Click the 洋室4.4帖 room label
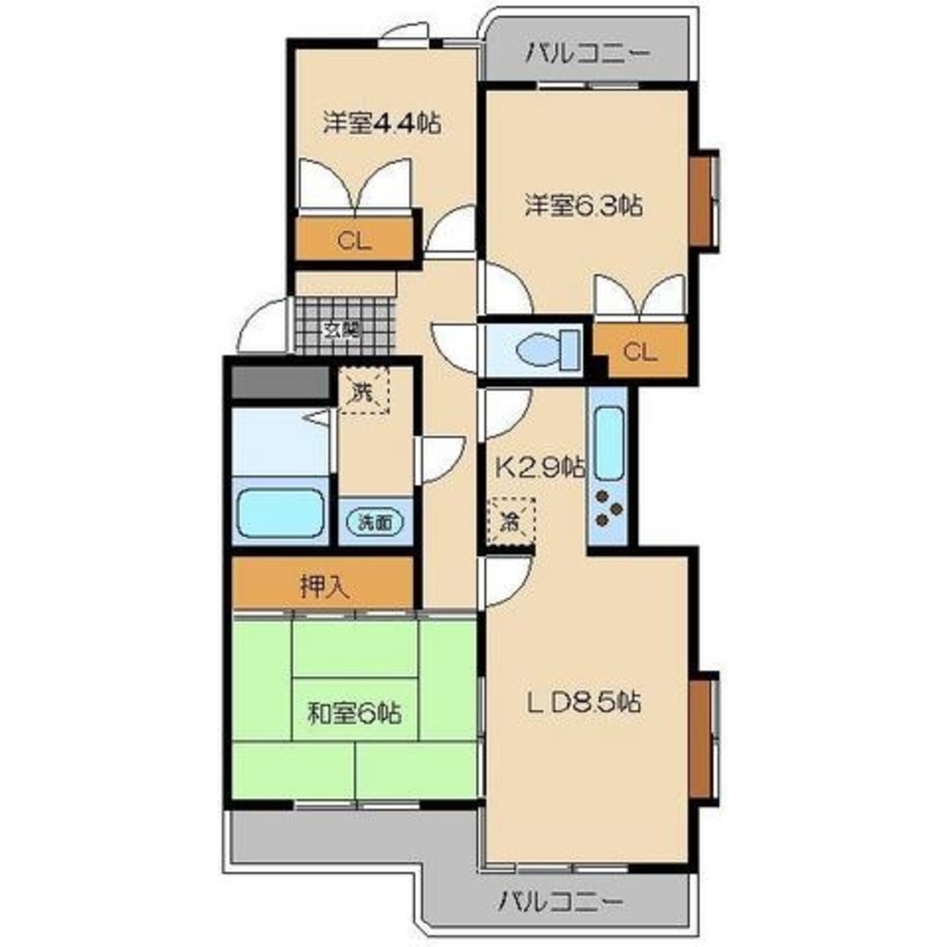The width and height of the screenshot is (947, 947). coord(383,123)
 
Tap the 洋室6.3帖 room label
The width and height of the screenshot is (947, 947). coord(584,205)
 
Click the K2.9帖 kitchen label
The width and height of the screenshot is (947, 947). coord(541,466)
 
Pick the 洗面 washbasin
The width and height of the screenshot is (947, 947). coord(376,521)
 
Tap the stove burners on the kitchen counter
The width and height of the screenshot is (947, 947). coord(607,512)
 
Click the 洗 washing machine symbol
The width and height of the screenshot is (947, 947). coord(364,390)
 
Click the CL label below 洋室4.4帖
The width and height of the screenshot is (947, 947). coord(355,240)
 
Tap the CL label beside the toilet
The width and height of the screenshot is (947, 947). coord(640,353)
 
